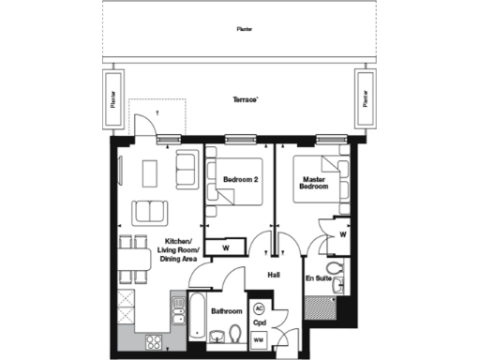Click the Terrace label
coord(246,98)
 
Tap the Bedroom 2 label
coord(241,178)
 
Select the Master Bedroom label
coord(313,183)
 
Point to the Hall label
coord(274,276)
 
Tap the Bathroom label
coord(227,311)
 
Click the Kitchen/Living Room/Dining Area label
coord(161,250)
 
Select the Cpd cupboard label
coord(260,322)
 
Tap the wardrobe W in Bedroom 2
coord(225,247)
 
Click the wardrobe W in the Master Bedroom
coord(343,235)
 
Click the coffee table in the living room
coord(150,172)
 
